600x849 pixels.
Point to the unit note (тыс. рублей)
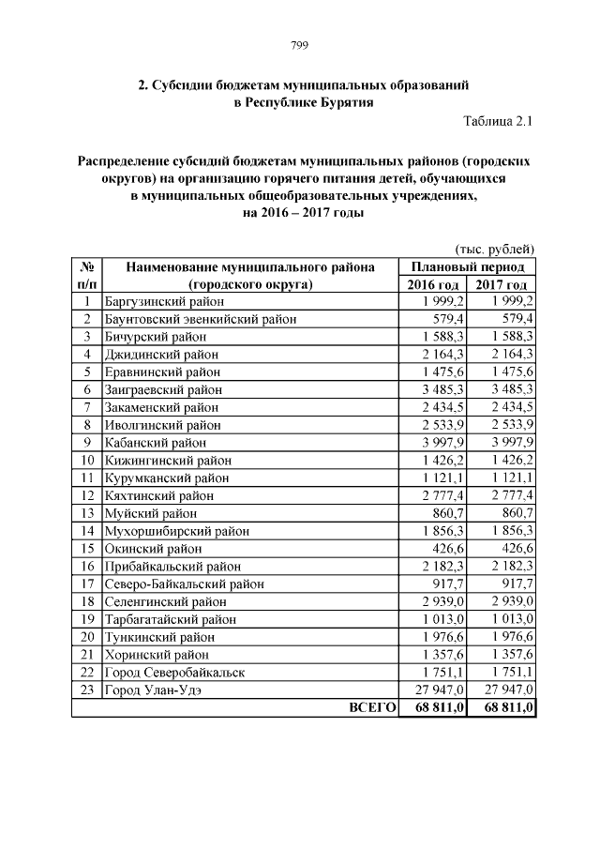tap(494, 249)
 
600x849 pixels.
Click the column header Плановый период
tap(467, 266)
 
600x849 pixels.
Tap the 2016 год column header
tap(432, 284)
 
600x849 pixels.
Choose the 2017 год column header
tap(501, 284)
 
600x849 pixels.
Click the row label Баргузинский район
tap(165, 302)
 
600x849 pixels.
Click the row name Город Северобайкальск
tap(173, 673)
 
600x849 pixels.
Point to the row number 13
tap(86, 513)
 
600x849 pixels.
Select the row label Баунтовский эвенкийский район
tap(200, 319)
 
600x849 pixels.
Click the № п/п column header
tap(86, 276)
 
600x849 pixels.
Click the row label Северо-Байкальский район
tap(183, 584)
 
